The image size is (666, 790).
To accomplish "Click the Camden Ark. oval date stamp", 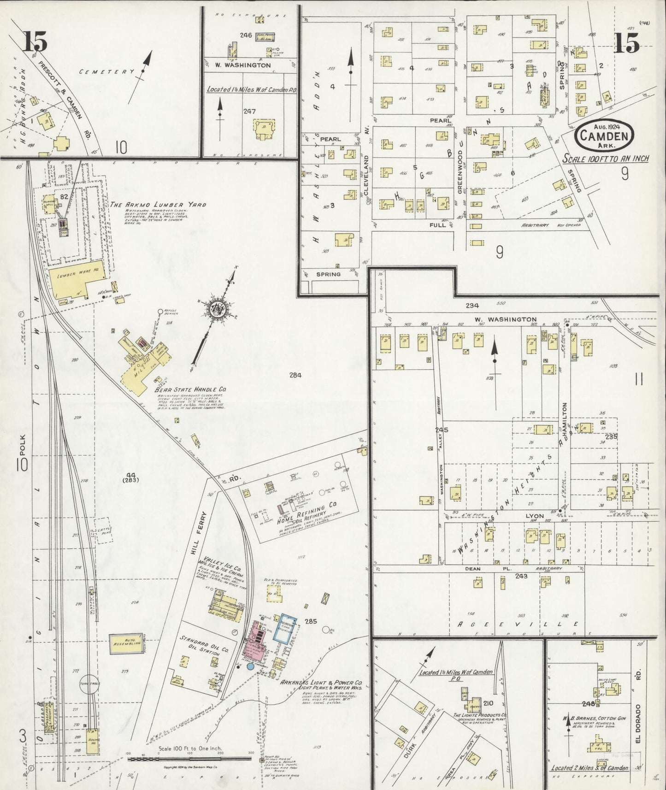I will point(604,135).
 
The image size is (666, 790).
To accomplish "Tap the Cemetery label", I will point(106,72).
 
